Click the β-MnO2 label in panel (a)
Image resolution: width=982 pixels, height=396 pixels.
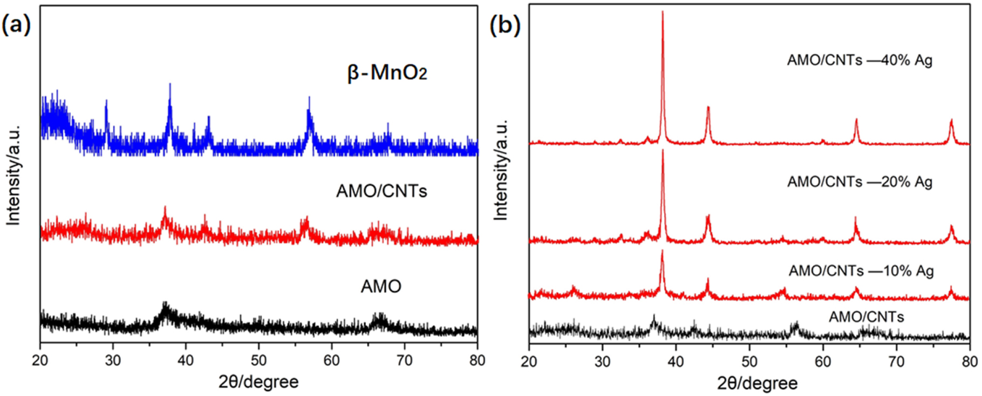coord(387,72)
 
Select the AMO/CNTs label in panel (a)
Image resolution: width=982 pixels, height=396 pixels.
coord(381,191)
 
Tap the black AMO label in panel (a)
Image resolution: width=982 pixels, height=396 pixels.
coord(381,286)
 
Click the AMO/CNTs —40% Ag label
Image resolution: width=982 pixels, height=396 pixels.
coord(860,60)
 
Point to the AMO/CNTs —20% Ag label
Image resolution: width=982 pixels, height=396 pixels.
coord(860,182)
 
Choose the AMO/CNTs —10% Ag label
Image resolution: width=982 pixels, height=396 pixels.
coord(861,271)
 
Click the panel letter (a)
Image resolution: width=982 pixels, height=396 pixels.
coord(16,25)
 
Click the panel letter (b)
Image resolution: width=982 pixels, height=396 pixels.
coord(504,25)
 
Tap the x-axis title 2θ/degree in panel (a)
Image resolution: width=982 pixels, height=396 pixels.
coord(258,382)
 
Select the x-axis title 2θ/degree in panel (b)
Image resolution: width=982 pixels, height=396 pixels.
coord(757,383)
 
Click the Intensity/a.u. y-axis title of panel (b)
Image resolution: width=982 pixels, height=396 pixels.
coord(501,170)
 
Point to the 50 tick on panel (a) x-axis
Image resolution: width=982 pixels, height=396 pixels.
coord(258,360)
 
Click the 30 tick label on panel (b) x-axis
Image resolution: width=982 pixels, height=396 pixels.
coord(603,361)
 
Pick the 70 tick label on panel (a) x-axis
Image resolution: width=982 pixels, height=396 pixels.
coord(404,360)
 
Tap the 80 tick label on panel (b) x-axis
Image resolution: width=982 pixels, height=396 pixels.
coord(970,361)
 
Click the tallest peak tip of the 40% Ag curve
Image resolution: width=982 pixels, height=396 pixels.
coord(663,12)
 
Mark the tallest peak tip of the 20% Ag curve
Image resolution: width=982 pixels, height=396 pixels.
coord(663,150)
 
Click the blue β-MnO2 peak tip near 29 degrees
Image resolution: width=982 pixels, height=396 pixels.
coord(106,100)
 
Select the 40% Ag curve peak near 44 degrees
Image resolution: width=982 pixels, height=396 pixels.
coord(708,107)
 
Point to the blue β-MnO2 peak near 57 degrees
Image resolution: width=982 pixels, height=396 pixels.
coord(309,98)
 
